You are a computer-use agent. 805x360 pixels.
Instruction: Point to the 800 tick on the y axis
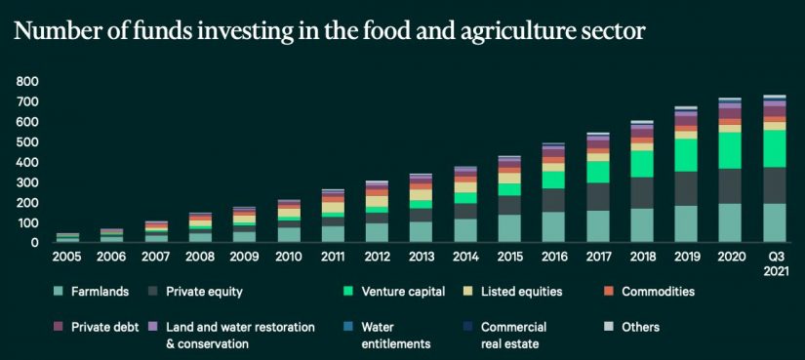coord(27,82)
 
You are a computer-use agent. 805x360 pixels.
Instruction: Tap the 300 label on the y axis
coord(27,183)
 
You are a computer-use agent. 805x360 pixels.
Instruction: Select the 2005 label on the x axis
coord(67,257)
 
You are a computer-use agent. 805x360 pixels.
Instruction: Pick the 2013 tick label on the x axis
coord(421,257)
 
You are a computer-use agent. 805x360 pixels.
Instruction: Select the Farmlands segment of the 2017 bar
coord(598,226)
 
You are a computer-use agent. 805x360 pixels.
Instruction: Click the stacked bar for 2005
coord(67,237)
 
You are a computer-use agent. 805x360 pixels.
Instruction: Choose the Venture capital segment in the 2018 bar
coord(642,164)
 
